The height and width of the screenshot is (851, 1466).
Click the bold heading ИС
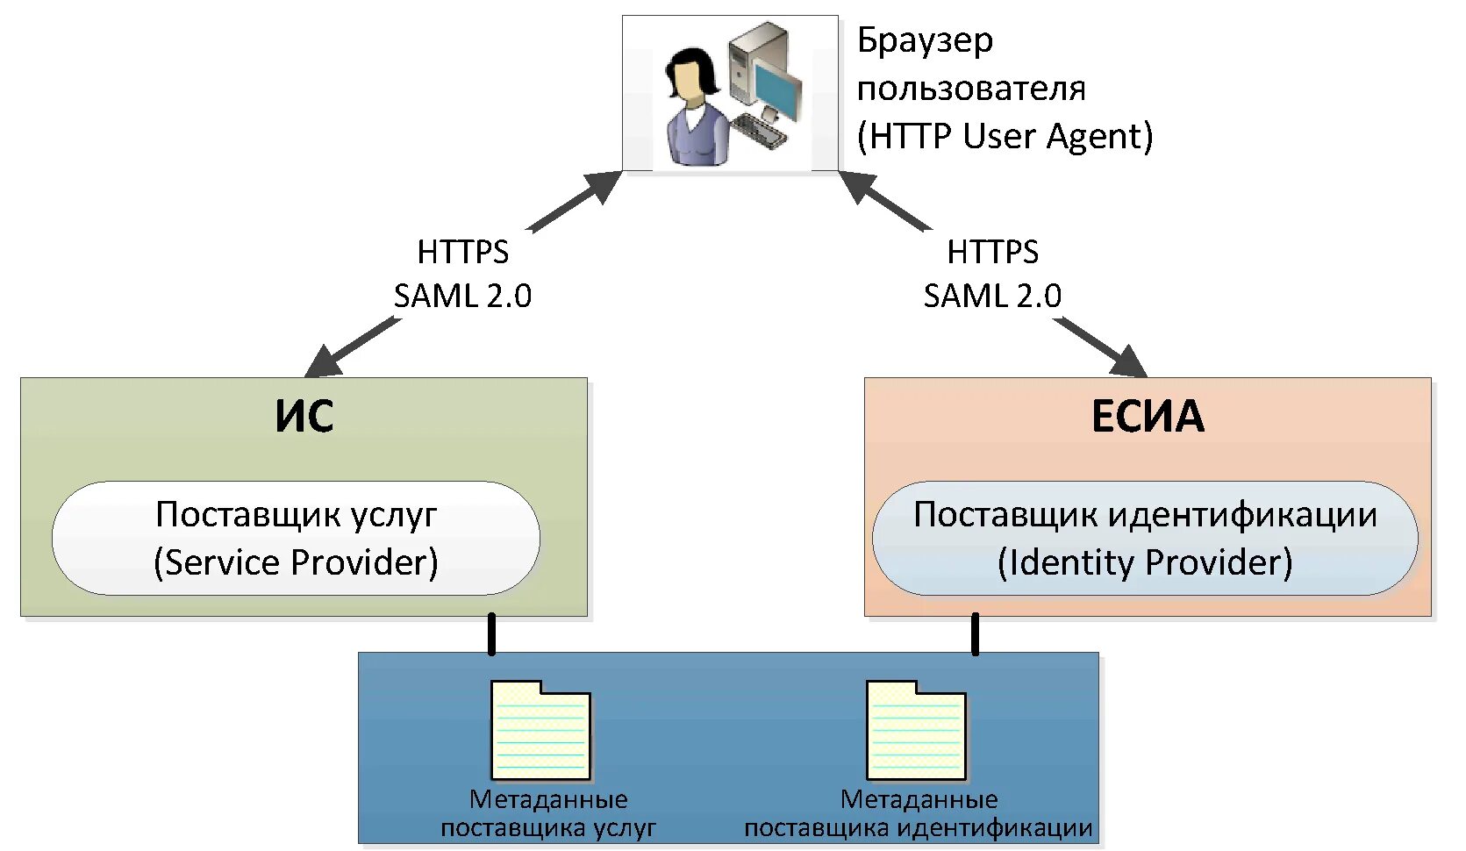(304, 416)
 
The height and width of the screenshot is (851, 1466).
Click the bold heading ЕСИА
(1148, 416)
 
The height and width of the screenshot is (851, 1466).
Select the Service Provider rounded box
(296, 538)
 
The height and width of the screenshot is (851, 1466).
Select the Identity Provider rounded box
(1145, 538)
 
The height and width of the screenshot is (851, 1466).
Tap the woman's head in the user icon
(690, 75)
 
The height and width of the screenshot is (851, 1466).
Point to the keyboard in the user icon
(758, 131)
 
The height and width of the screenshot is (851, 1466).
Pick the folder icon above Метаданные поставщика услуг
(540, 731)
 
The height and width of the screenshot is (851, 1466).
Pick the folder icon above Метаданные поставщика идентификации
(916, 731)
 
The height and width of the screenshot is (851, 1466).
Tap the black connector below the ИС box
(491, 634)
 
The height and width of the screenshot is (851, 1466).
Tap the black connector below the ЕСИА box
(975, 634)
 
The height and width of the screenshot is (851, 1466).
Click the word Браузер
(925, 40)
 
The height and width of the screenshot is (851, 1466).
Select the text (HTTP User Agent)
(1005, 136)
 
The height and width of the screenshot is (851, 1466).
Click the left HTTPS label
(462, 252)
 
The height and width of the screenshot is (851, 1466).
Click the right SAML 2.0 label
(992, 296)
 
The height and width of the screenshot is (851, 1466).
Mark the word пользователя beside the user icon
(971, 88)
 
